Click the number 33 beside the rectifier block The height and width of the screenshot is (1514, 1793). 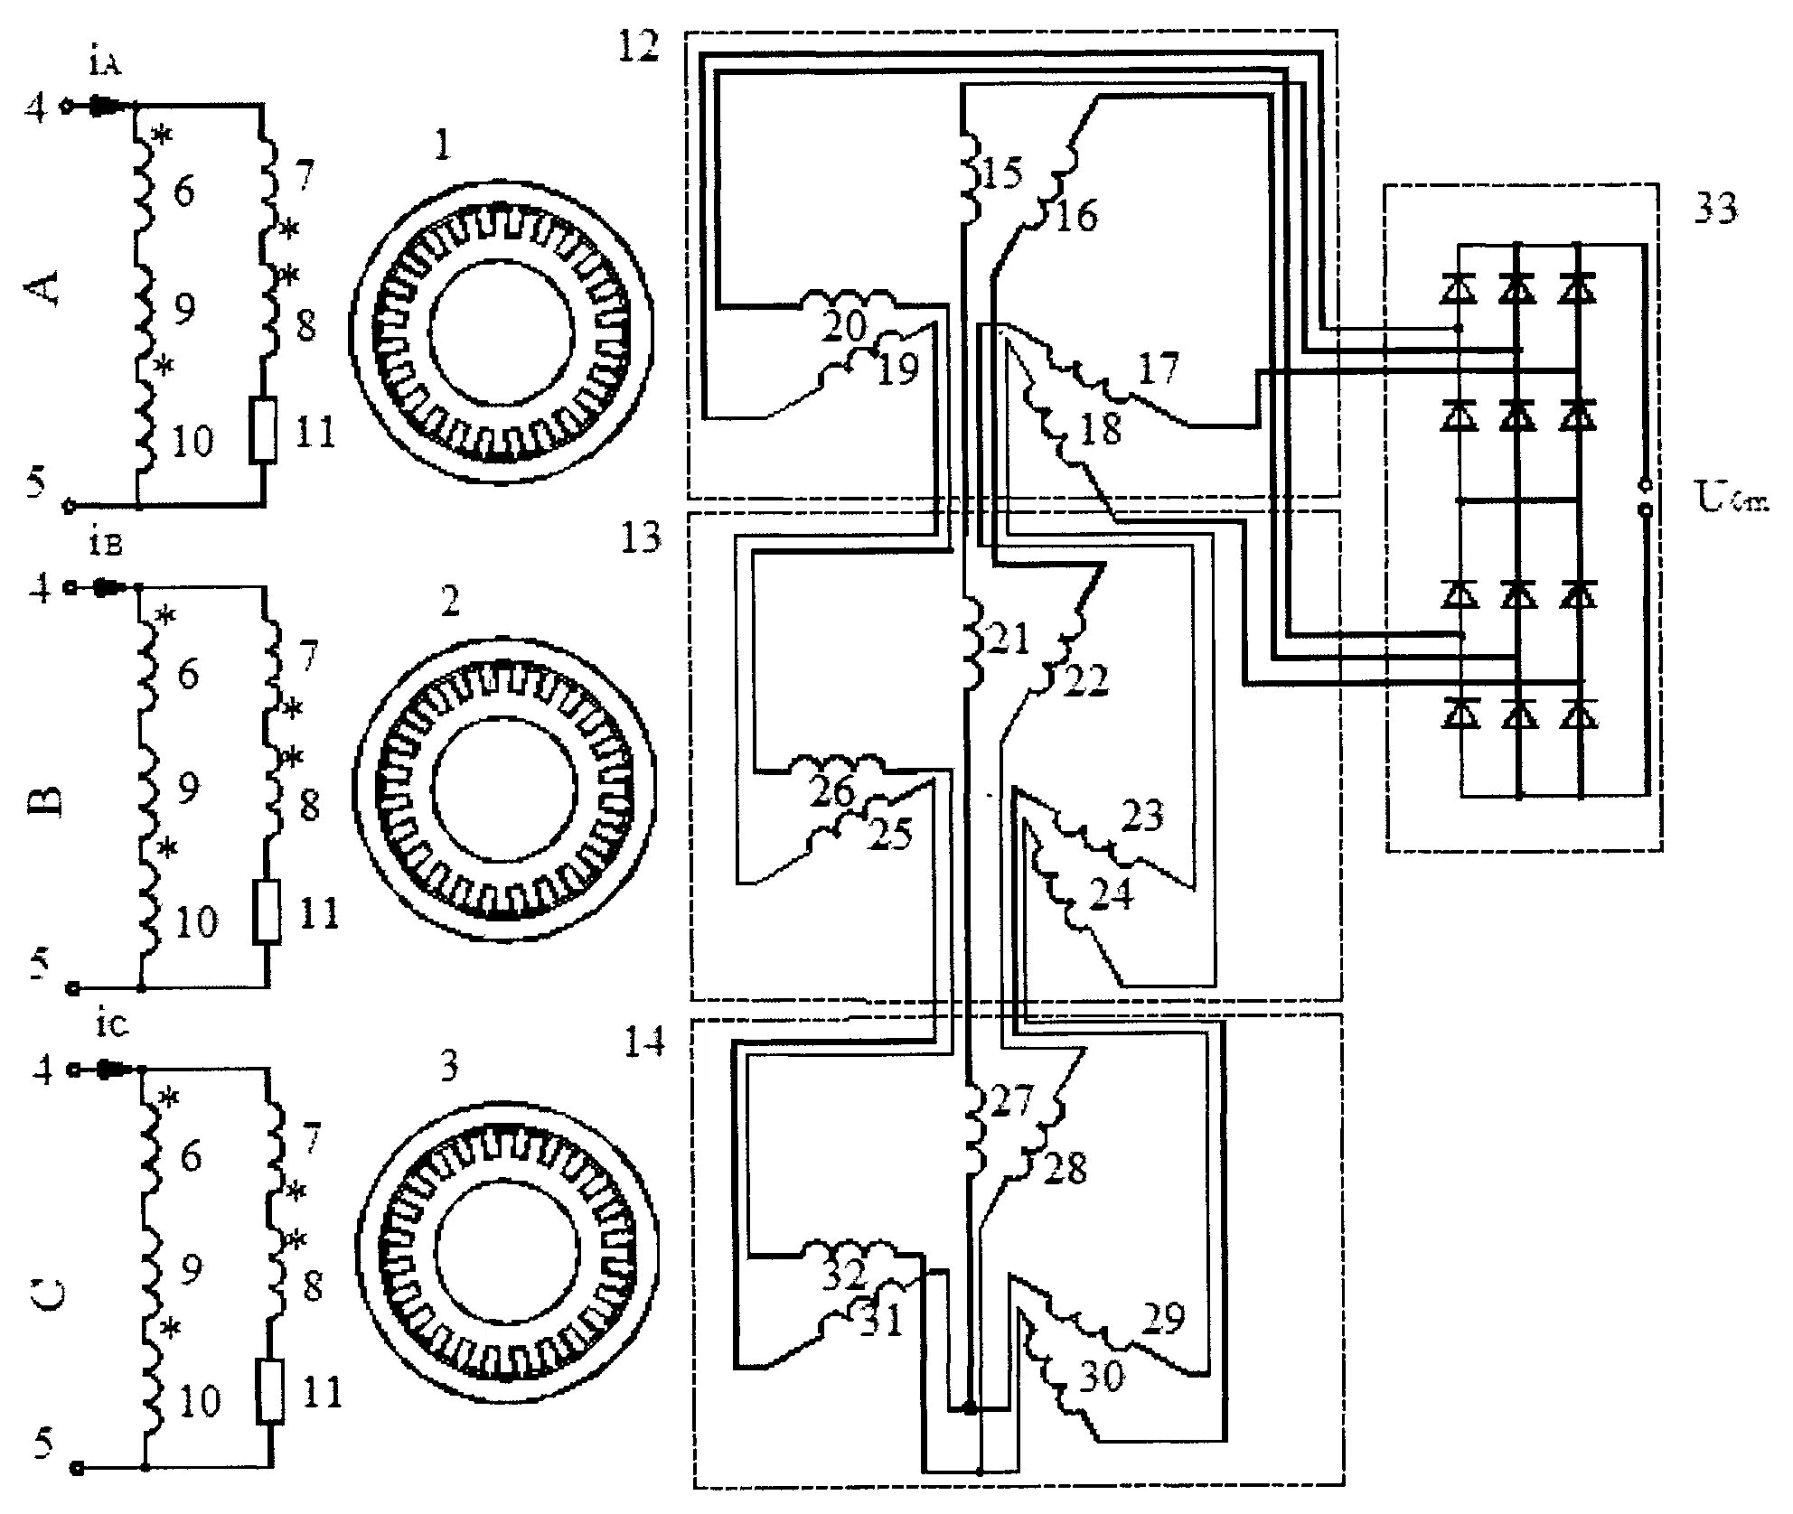coord(1714,210)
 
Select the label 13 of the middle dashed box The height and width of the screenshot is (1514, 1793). coord(641,539)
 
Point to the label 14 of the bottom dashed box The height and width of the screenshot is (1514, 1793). coord(644,1042)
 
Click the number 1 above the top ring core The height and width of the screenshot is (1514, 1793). coord(442,145)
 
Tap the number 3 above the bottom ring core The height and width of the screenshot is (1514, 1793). coord(449,1066)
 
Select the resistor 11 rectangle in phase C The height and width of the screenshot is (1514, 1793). coord(270,1392)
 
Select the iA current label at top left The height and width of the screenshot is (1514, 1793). coord(101,64)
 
